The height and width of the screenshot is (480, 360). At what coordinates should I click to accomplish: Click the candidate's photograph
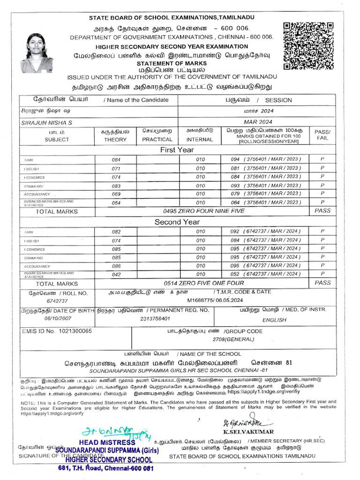(36, 53)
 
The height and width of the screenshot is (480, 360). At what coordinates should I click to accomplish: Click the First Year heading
(177, 150)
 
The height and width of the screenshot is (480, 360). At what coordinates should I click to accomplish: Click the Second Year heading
(177, 222)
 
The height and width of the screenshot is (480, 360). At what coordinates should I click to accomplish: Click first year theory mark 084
(116, 160)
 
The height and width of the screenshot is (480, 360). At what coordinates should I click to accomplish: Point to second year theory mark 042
(116, 275)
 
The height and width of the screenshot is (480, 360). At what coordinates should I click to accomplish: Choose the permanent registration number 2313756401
(154, 319)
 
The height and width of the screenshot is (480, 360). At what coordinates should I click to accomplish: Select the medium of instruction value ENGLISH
(274, 320)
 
